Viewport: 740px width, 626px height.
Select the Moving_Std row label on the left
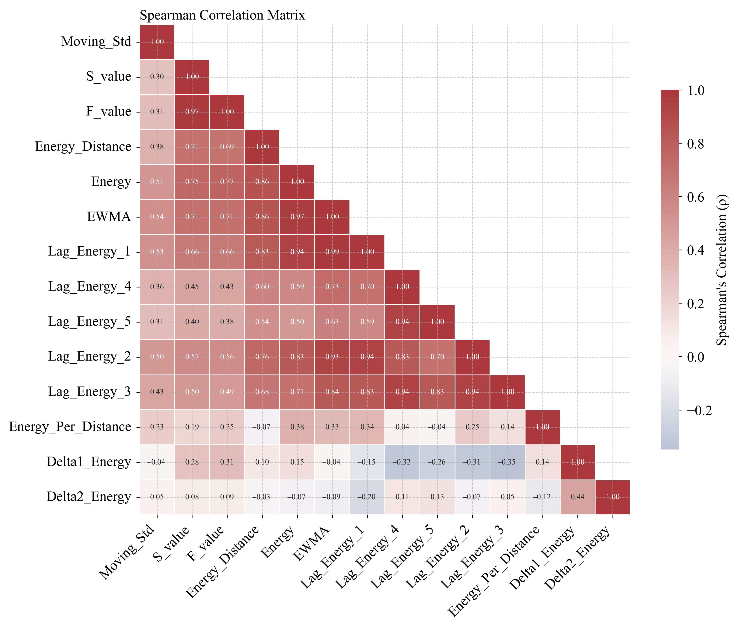click(x=96, y=42)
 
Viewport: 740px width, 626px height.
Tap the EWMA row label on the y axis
click(x=109, y=216)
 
